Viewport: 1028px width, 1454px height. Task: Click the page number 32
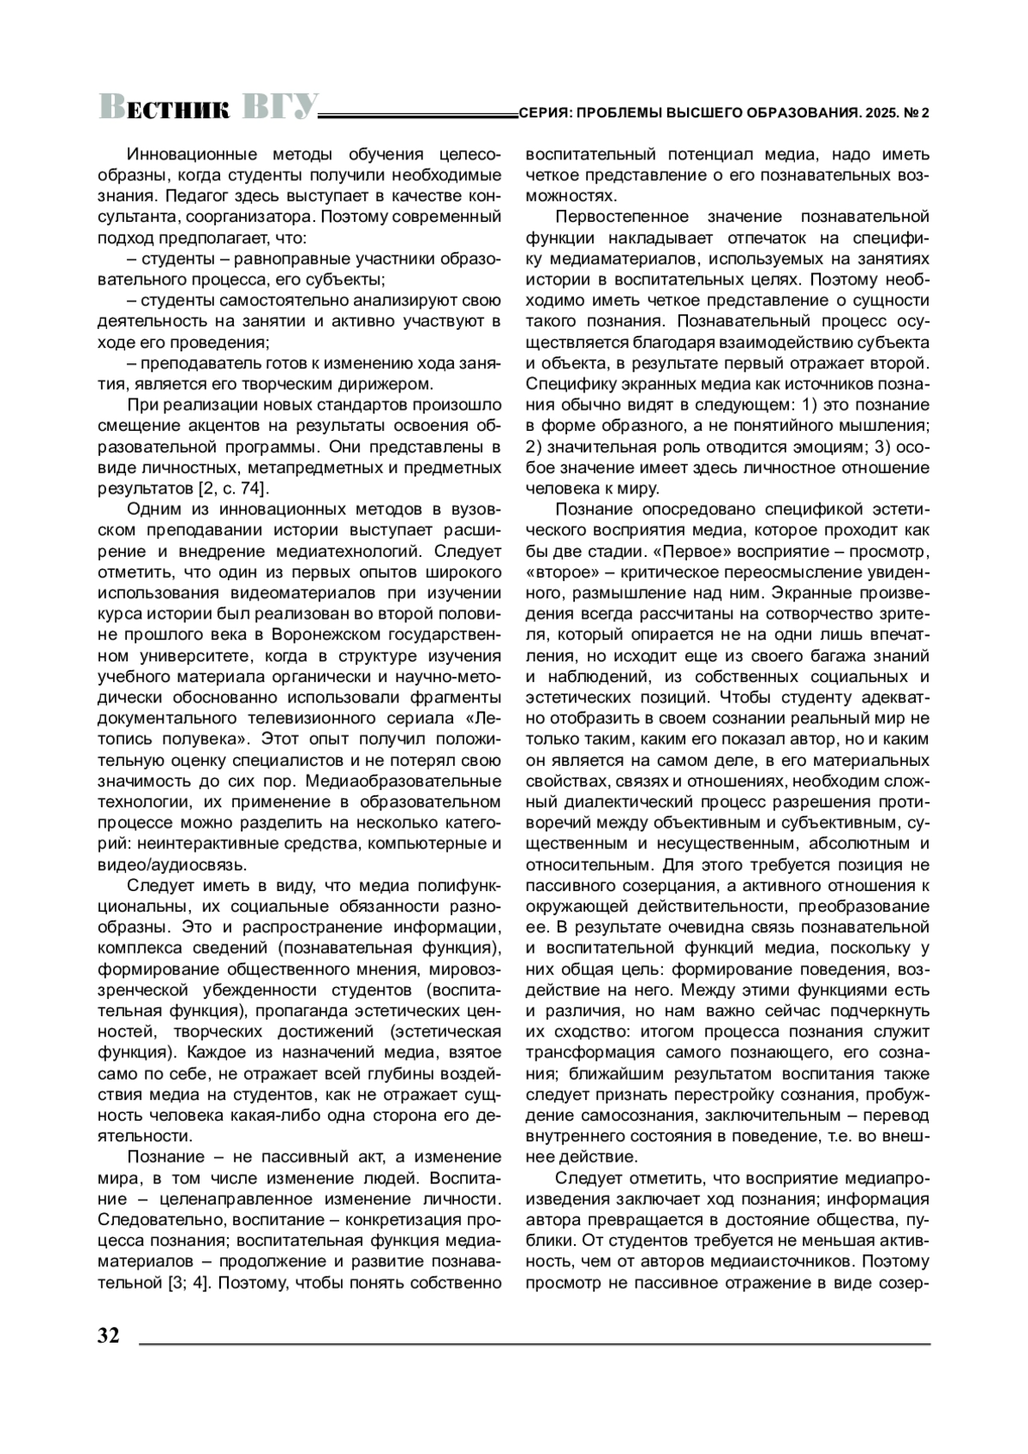tap(109, 1337)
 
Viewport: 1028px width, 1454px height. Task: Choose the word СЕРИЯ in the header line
tap(541, 113)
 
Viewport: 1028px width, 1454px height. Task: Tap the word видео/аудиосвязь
tap(174, 864)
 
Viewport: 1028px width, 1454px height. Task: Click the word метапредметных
tap(321, 468)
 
